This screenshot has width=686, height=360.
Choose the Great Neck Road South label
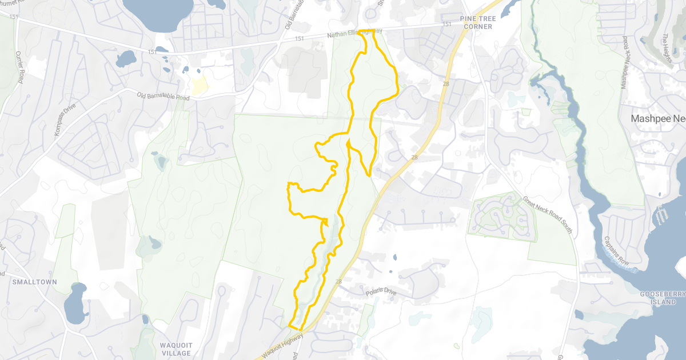click(547, 215)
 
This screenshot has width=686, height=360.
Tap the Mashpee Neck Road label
click(624, 62)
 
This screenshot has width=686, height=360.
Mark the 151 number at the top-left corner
click(14, 18)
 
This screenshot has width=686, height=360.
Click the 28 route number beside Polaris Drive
click(339, 282)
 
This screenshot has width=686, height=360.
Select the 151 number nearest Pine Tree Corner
click(447, 25)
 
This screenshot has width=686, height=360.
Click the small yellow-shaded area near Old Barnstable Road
click(200, 86)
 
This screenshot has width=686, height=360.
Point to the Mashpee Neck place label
click(658, 119)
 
